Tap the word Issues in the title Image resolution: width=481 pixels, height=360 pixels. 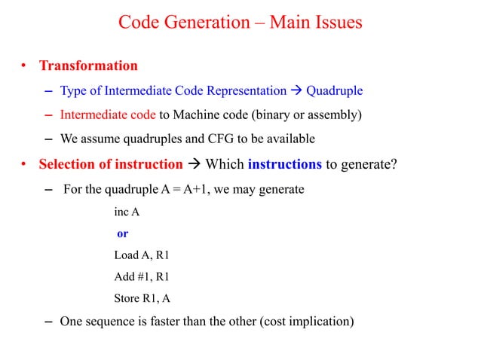pyautogui.click(x=336, y=23)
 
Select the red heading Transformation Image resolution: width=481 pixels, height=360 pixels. pyautogui.click(x=88, y=66)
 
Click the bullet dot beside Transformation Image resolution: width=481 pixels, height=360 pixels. pyautogui.click(x=24, y=66)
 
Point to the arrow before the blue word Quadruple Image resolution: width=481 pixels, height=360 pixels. pyautogui.click(x=296, y=91)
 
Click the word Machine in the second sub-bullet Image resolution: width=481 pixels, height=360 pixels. pyautogui.click(x=197, y=115)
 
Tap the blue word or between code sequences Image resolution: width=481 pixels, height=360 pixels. pyautogui.click(x=121, y=233)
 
